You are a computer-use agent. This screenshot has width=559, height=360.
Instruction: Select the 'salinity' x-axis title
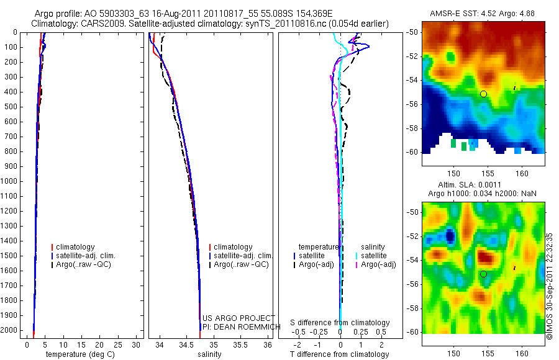pyautogui.click(x=209, y=354)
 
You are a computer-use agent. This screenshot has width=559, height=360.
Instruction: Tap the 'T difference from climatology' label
pyautogui.click(x=339, y=354)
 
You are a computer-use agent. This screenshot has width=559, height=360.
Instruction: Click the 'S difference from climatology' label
pyautogui.click(x=340, y=323)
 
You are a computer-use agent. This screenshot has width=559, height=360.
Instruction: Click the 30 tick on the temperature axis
pyautogui.click(x=137, y=344)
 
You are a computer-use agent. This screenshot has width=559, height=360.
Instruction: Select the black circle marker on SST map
pyautogui.click(x=483, y=94)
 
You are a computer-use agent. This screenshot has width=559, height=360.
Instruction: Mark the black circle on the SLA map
pyautogui.click(x=483, y=274)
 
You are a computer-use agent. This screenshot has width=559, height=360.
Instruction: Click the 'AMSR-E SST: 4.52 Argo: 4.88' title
pyautogui.click(x=483, y=14)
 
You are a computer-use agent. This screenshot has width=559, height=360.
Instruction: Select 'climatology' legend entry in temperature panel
pyautogui.click(x=75, y=247)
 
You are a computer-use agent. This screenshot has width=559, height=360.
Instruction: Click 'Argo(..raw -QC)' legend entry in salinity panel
pyautogui.click(x=240, y=264)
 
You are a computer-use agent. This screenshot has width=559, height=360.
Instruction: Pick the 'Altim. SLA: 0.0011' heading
pyautogui.click(x=483, y=186)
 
